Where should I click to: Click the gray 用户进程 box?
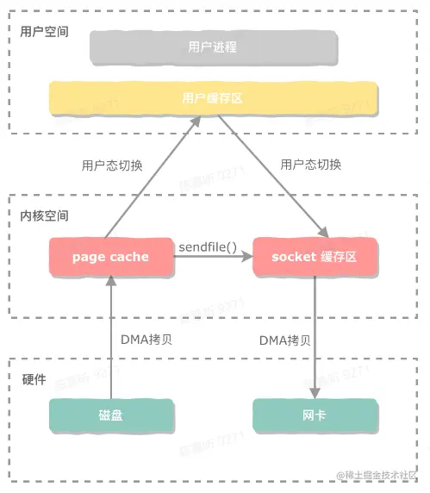pos(212,47)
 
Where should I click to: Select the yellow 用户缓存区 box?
pos(212,98)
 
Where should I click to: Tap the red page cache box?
pos(110,257)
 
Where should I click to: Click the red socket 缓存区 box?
pos(314,257)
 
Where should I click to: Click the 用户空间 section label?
pos(44,31)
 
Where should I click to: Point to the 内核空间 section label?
pos(44,214)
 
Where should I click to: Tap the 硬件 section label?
pos(34,379)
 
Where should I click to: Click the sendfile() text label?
pos(207,248)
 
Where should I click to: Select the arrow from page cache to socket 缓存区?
pos(215,257)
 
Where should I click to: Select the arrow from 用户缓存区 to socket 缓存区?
pos(274,178)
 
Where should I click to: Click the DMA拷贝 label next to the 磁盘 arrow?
pos(146,339)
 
